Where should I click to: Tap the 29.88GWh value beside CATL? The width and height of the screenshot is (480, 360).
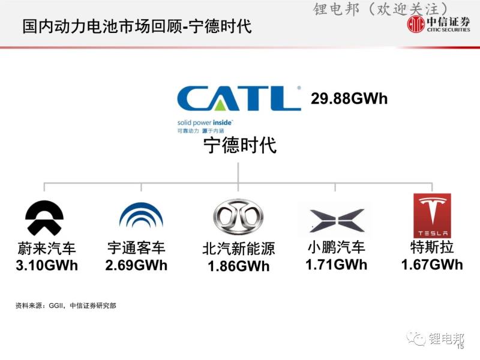tap(349, 98)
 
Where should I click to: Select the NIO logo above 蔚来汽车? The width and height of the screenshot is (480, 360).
tap(44, 218)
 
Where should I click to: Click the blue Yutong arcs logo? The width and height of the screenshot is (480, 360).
tap(141, 215)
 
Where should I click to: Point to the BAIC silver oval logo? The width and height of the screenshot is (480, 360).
tap(238, 217)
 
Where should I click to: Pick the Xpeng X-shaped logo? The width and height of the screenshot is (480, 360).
tap(337, 220)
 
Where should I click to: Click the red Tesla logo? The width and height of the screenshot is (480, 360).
tap(432, 215)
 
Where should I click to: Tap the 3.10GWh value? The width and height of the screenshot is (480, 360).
tap(47, 265)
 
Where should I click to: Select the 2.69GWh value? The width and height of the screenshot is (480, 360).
tap(136, 265)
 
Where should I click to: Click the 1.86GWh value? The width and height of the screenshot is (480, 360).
tap(238, 266)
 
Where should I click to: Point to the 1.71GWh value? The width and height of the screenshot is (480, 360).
tap(336, 265)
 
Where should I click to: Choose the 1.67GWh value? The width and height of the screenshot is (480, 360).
tap(432, 265)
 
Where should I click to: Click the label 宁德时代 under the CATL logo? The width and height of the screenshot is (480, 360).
tap(240, 145)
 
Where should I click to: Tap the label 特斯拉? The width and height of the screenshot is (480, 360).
tap(432, 247)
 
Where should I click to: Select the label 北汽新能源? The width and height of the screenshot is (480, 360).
tap(238, 248)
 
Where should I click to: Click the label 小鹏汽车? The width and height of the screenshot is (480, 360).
tap(336, 247)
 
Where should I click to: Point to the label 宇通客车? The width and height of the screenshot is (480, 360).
tap(136, 248)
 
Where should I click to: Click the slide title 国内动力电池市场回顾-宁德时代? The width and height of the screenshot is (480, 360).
tap(137, 26)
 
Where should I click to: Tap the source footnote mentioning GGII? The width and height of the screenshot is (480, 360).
tap(66, 305)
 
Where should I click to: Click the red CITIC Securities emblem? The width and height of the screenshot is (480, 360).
tap(416, 24)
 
